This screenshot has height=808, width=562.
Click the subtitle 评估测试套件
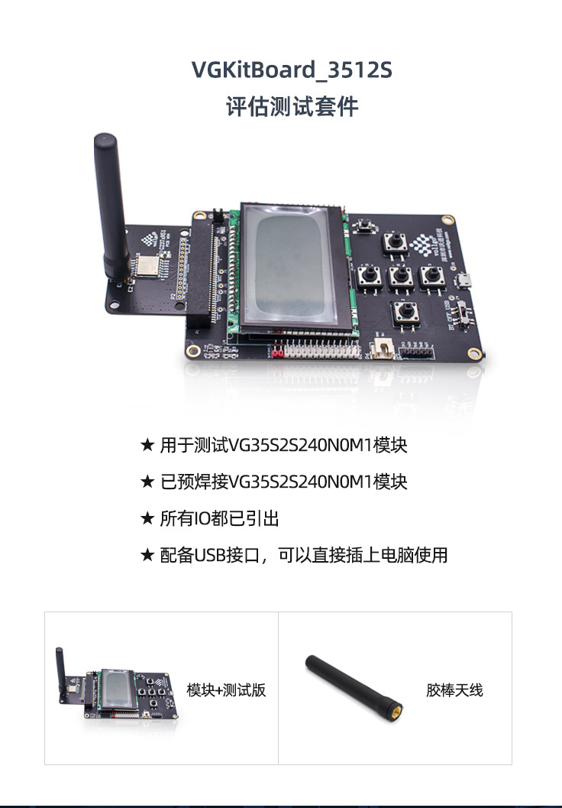[x=292, y=106]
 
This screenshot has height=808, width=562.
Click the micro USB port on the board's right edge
[x=463, y=281]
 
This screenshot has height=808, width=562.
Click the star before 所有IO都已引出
[x=147, y=519]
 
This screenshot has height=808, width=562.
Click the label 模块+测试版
[x=226, y=690]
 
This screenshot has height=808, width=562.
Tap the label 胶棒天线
[x=454, y=690]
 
